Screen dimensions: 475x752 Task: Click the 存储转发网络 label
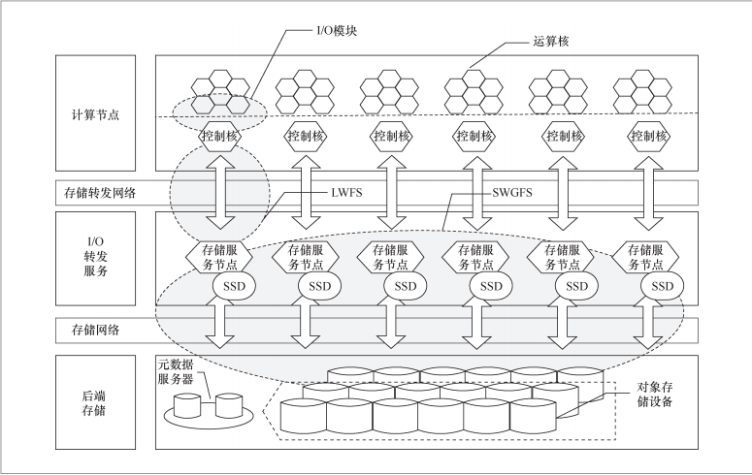pyautogui.click(x=97, y=192)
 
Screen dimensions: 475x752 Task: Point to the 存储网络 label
pyautogui.click(x=96, y=330)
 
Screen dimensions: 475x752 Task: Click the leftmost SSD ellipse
pyautogui.click(x=235, y=286)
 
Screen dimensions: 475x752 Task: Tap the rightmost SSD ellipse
pyautogui.click(x=663, y=286)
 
